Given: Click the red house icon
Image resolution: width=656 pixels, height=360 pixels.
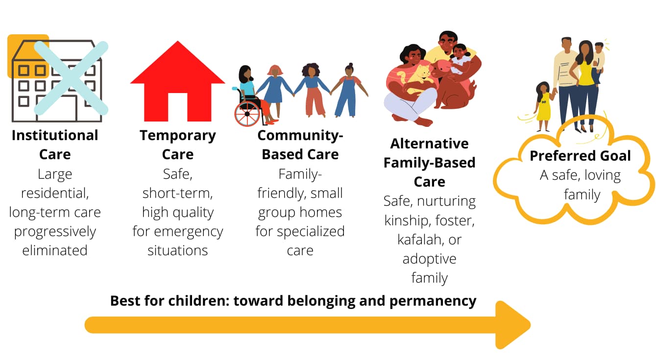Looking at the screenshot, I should pyautogui.click(x=177, y=83).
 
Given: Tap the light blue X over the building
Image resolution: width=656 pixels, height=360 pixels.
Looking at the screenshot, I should pyautogui.click(x=71, y=78).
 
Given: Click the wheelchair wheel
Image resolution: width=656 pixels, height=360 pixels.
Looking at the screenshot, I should pyautogui.click(x=247, y=114).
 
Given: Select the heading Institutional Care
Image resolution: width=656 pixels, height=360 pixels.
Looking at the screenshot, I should pyautogui.click(x=55, y=144).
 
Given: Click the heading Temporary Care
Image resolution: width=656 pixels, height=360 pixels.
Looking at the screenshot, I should pyautogui.click(x=177, y=144).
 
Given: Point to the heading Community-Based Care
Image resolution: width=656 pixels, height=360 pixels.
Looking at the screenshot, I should pyautogui.click(x=300, y=144).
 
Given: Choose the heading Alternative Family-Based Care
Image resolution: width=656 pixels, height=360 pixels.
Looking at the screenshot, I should pyautogui.click(x=429, y=162).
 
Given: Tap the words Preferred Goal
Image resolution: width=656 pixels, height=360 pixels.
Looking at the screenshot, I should pyautogui.click(x=580, y=156).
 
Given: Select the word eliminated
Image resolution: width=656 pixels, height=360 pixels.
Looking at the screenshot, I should pyautogui.click(x=55, y=250).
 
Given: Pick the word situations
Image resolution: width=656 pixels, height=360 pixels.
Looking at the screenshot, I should pyautogui.click(x=177, y=250).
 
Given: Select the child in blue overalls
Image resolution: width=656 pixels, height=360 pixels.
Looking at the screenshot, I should pyautogui.click(x=348, y=91).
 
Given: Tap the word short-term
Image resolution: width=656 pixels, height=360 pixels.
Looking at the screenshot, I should pyautogui.click(x=177, y=193).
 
